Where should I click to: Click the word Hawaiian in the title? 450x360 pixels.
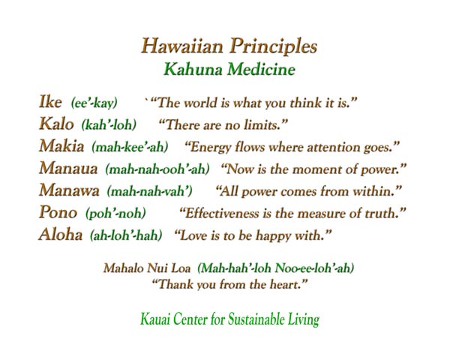click(x=182, y=46)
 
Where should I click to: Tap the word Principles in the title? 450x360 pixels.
click(x=273, y=46)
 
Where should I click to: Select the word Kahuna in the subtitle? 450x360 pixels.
click(x=193, y=70)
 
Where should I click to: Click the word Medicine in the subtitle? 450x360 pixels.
click(x=262, y=70)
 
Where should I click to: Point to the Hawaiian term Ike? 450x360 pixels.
click(x=50, y=102)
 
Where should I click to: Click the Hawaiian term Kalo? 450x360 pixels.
click(x=56, y=124)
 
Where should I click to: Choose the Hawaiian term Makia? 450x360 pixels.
click(x=61, y=145)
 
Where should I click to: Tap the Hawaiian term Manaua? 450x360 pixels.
click(x=68, y=168)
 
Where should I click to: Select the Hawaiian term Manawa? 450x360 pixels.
click(x=69, y=190)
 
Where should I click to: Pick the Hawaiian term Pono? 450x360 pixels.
click(x=58, y=212)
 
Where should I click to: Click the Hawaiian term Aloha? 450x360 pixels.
click(x=61, y=234)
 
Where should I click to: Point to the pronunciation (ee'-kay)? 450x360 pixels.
click(x=94, y=103)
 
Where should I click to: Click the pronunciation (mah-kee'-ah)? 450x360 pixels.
click(x=130, y=147)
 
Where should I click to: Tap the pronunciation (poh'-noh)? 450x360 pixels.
click(x=115, y=213)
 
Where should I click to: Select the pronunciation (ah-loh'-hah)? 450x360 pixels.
click(x=126, y=235)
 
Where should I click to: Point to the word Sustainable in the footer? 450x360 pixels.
click(x=256, y=319)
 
